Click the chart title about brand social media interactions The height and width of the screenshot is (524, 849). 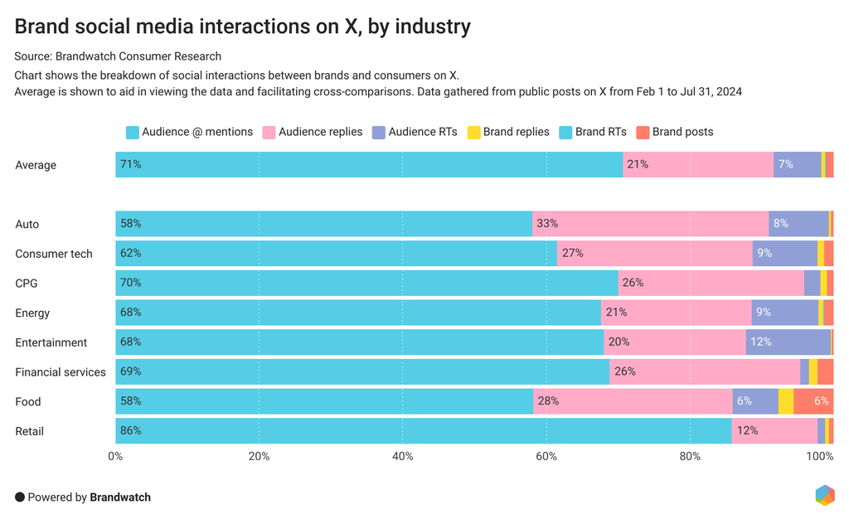(242, 27)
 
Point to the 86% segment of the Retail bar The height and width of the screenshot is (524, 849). (423, 431)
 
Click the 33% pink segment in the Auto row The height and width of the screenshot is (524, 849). (650, 224)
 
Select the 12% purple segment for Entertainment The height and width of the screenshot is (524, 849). (788, 342)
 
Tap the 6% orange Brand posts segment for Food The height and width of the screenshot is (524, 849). (813, 401)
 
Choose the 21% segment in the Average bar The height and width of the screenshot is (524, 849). (698, 165)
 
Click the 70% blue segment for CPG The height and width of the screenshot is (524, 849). (366, 284)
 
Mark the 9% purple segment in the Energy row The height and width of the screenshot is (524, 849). (784, 313)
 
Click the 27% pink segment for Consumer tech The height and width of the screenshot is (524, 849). (654, 254)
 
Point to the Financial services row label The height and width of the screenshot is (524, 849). (61, 372)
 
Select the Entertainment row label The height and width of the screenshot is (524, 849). (51, 342)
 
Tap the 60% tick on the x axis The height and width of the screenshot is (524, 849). (546, 456)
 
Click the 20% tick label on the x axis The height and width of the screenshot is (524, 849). (259, 456)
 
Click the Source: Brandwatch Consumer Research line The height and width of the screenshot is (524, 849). (118, 56)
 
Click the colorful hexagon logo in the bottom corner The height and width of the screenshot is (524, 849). (824, 495)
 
